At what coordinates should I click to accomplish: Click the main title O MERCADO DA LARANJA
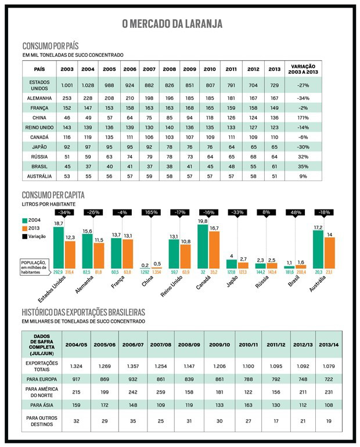pos(180,24)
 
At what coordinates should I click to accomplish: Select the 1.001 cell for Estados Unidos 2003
pos(67,85)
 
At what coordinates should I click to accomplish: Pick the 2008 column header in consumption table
pos(169,69)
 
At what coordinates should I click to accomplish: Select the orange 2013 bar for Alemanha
pos(99,250)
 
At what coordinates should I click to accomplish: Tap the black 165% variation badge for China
pos(151,212)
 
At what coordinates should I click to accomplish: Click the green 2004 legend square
pos(26,221)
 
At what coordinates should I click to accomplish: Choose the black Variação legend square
pos(26,236)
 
